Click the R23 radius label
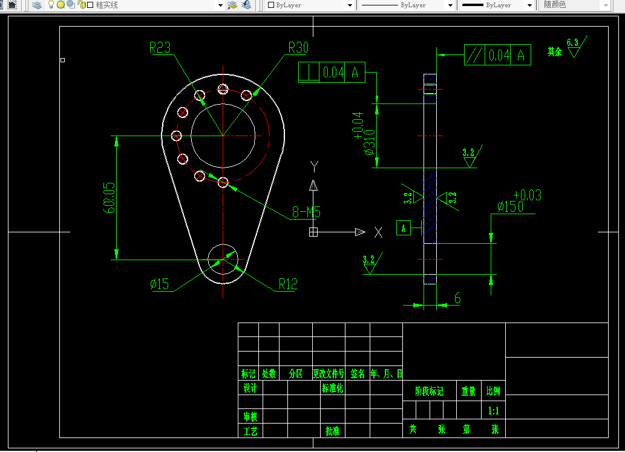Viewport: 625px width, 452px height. [160, 48]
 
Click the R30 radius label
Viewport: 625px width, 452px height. [298, 48]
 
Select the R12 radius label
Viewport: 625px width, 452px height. [288, 284]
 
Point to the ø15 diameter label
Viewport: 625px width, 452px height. [160, 284]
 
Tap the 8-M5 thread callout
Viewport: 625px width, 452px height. [306, 212]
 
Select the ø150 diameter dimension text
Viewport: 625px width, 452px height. [511, 206]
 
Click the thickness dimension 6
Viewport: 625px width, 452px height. [457, 298]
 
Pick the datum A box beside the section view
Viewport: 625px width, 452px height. [404, 228]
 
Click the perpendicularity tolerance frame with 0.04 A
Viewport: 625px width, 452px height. [332, 72]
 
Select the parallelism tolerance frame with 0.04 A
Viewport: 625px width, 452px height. [497, 55]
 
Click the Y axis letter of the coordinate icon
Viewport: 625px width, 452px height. [313, 166]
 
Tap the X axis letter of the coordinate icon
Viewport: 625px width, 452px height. [378, 232]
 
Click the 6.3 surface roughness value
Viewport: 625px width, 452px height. [572, 42]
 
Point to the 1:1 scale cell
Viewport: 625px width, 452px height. [494, 411]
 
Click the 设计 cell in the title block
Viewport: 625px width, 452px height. [250, 388]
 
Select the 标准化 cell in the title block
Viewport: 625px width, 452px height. [333, 388]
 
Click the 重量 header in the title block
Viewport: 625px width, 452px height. [469, 391]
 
